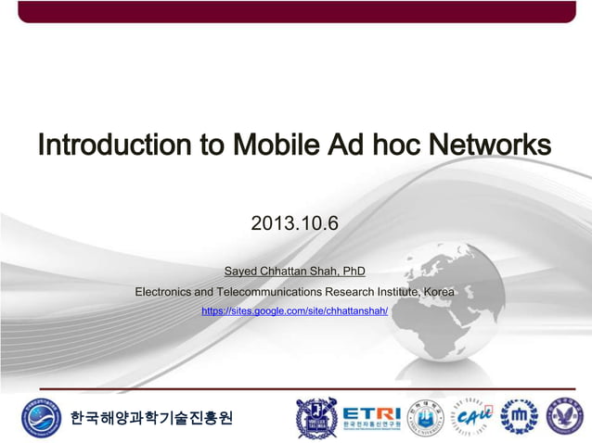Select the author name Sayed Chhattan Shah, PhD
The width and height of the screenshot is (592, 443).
295,272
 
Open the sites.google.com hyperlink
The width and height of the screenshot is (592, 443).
294,311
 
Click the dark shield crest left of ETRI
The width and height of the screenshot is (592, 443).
315,418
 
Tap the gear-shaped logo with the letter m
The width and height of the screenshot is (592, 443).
519,418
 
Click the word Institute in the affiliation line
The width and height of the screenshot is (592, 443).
393,292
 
